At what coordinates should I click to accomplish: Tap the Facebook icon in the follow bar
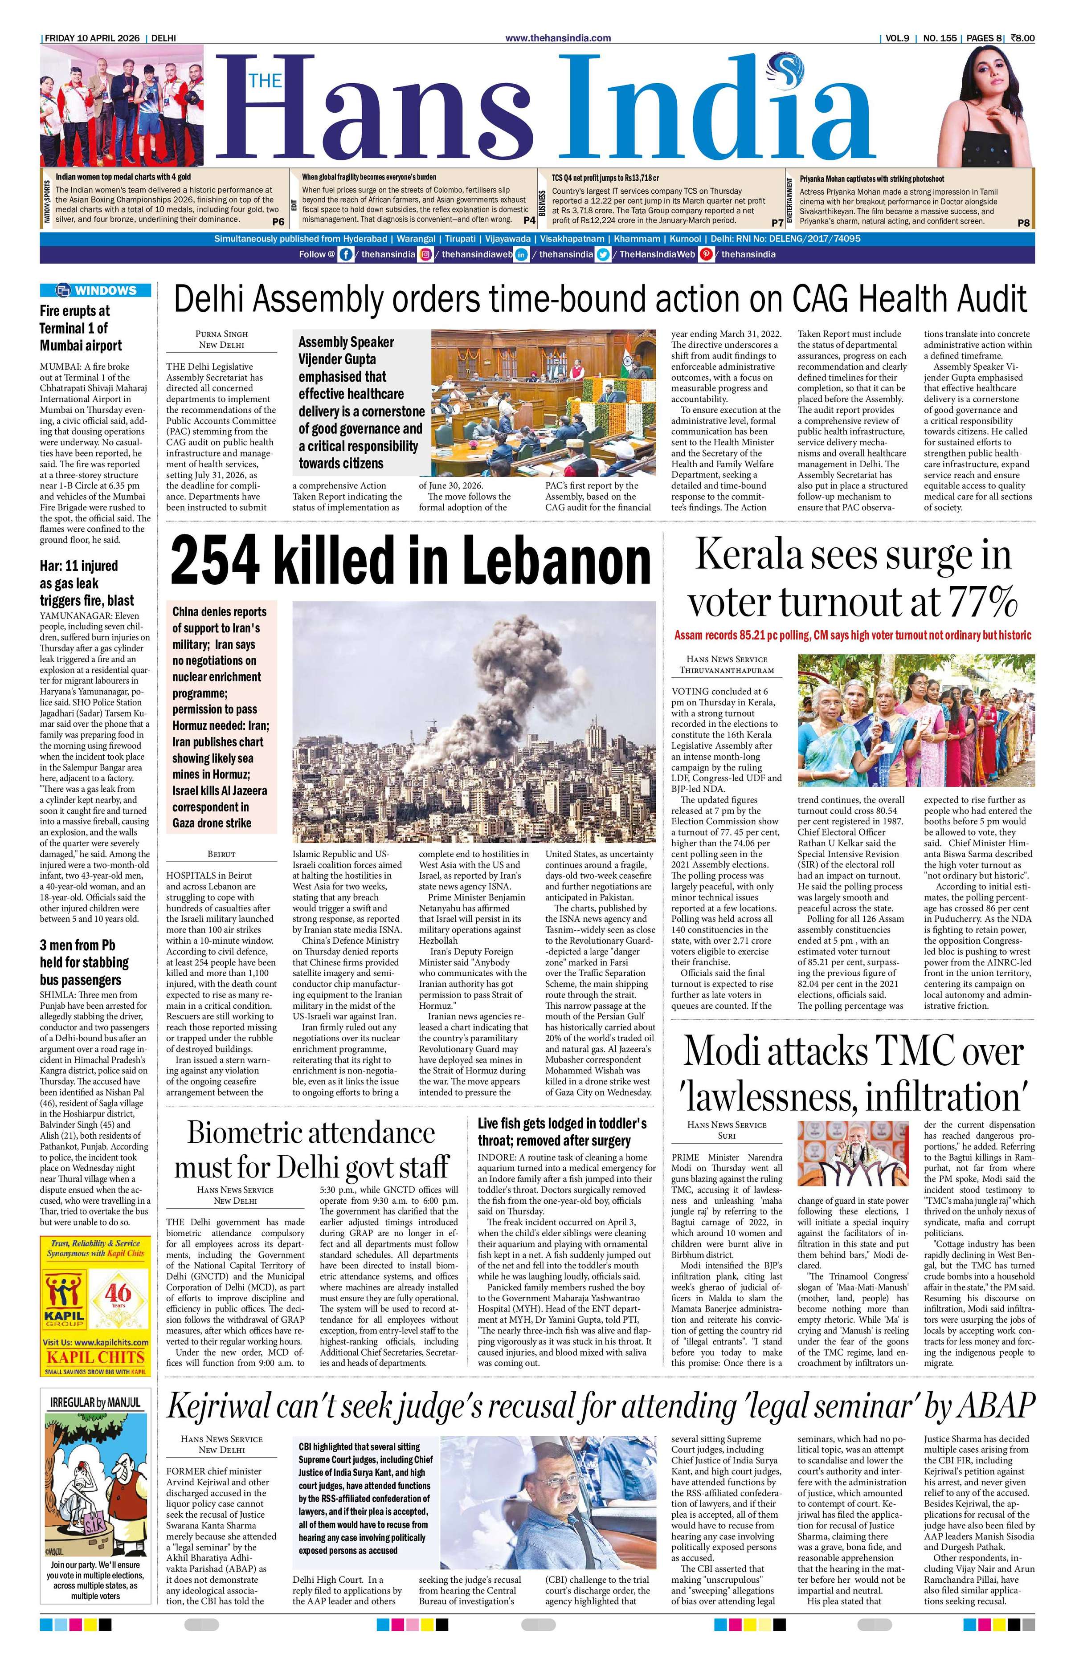[345, 254]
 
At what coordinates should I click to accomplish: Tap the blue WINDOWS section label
[95, 290]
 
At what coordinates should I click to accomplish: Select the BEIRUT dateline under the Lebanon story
[221, 853]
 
